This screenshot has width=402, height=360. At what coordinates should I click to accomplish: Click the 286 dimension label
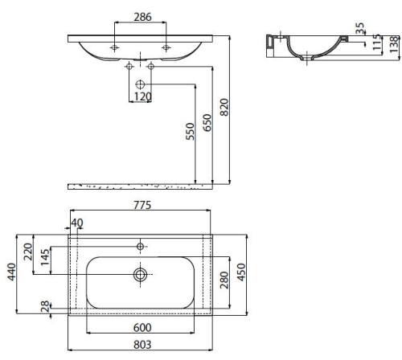coord(142,17)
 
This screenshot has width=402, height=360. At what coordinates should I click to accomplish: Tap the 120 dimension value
coord(143,96)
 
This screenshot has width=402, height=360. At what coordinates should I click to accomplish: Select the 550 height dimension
coord(190,131)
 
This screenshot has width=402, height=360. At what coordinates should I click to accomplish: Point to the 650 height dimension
coord(207,123)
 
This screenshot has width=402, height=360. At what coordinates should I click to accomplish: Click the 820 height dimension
coord(224,107)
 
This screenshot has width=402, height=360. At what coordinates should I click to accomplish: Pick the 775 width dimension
coord(142,205)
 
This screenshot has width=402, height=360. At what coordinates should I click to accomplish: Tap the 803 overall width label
coord(142,345)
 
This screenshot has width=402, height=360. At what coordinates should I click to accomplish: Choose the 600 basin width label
coord(142,328)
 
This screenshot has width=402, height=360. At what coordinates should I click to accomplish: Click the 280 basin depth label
coord(224,280)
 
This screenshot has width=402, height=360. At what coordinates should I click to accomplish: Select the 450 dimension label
coord(241,272)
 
